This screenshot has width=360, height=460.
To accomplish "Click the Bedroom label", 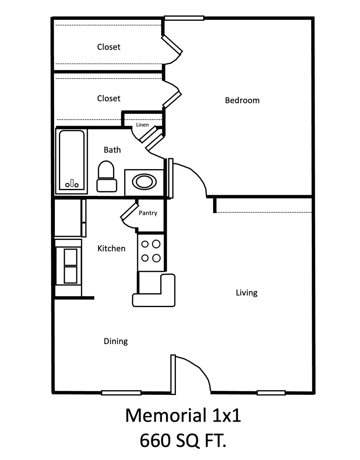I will point(242,100).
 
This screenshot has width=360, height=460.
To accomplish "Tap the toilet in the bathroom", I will point(107,177).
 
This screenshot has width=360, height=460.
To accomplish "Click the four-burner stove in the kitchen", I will point(151,251).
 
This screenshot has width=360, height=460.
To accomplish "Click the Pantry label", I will point(148,213).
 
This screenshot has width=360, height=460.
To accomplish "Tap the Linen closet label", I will point(142,125).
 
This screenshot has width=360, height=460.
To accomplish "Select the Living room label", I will point(247,293).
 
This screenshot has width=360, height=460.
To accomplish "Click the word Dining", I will point(116,341).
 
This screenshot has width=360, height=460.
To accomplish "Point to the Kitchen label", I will point(111,248).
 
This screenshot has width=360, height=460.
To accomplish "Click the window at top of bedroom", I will point(184,18).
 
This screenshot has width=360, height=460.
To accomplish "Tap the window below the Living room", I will point(271,393).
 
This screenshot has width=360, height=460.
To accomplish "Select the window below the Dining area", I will point(121,393).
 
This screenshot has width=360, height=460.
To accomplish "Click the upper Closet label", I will point(108,47).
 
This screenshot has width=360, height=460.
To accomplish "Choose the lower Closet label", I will point(108,99).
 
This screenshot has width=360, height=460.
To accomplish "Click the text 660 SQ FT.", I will point(183,441).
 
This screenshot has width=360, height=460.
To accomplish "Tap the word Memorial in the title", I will point(164,416).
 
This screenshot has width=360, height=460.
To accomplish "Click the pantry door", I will point(130,212).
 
